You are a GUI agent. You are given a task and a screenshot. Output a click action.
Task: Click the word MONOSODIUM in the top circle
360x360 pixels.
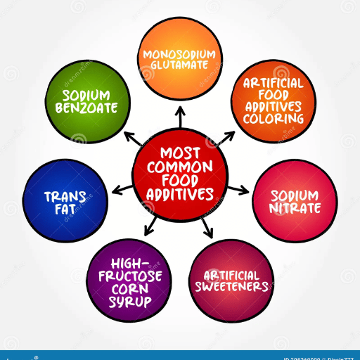click(x=179, y=54)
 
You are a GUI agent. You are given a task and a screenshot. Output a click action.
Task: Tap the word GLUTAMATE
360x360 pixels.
click(x=179, y=65)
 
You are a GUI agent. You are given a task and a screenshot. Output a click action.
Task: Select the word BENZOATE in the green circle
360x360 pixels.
click(x=86, y=108)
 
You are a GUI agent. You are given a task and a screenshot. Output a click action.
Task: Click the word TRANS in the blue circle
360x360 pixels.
click(x=65, y=197)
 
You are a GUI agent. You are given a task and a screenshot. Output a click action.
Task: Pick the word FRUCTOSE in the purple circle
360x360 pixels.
click(x=130, y=276)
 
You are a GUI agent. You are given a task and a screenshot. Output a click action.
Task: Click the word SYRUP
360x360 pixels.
click(x=130, y=302)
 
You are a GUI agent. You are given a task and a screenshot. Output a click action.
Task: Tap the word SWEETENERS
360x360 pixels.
click(x=231, y=286)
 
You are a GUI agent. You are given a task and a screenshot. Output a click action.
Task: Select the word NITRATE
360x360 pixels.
click(x=295, y=208)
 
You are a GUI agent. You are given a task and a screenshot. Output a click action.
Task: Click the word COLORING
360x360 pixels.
click(x=274, y=119)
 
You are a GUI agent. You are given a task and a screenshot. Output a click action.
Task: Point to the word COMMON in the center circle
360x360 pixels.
click(x=180, y=167)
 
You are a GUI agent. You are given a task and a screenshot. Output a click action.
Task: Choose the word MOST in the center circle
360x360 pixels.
click(x=180, y=153)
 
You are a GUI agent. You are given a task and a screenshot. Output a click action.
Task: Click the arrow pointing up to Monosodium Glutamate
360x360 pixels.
click(x=180, y=117)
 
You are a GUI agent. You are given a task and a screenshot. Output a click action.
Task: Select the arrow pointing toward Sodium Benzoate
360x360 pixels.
click(x=133, y=139)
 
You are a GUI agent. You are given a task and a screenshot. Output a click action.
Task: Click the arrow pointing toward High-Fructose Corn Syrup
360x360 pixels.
click(x=150, y=226)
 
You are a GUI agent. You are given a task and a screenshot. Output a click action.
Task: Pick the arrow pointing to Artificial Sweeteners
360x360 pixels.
click(x=207, y=228)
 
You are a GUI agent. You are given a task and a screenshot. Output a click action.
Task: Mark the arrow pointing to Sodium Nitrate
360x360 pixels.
click(x=238, y=191)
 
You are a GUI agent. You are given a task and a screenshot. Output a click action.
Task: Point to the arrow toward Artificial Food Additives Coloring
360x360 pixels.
click(x=226, y=139)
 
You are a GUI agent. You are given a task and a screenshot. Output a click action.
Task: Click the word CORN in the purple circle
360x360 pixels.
click(x=130, y=289)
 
